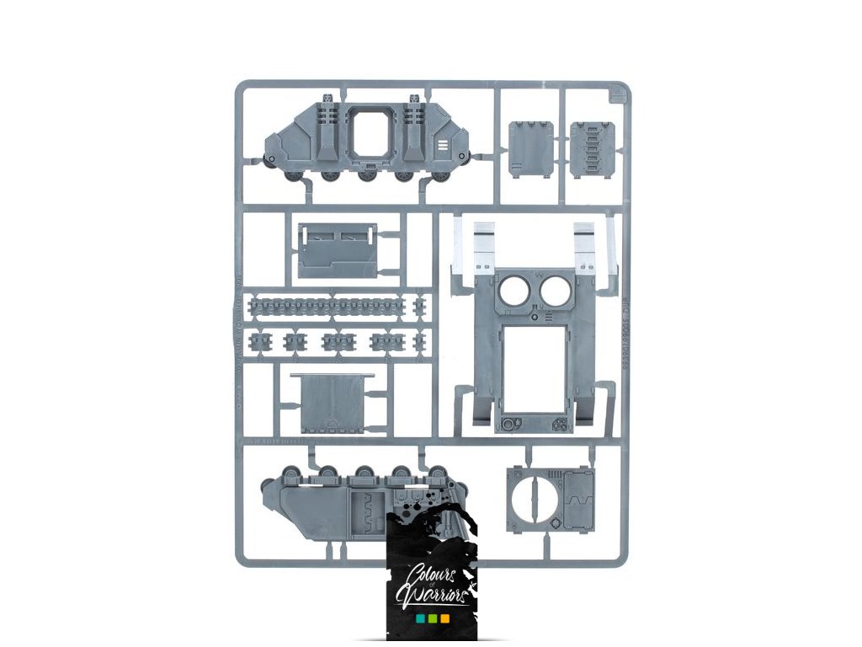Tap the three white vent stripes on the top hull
pos(444,146)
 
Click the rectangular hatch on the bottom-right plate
pos(578,500)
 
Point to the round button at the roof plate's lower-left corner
pos(508,423)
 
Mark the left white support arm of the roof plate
pos(483,243)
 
